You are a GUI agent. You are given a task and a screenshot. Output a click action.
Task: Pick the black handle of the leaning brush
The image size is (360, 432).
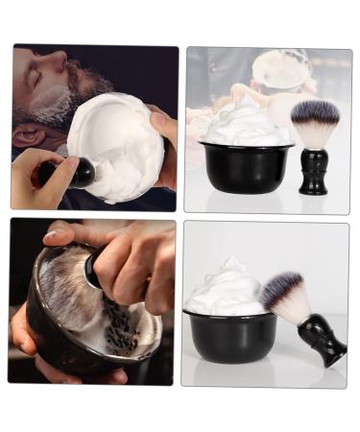click(323, 340)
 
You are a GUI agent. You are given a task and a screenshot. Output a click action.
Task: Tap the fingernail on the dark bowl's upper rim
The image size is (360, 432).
click(50, 234)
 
